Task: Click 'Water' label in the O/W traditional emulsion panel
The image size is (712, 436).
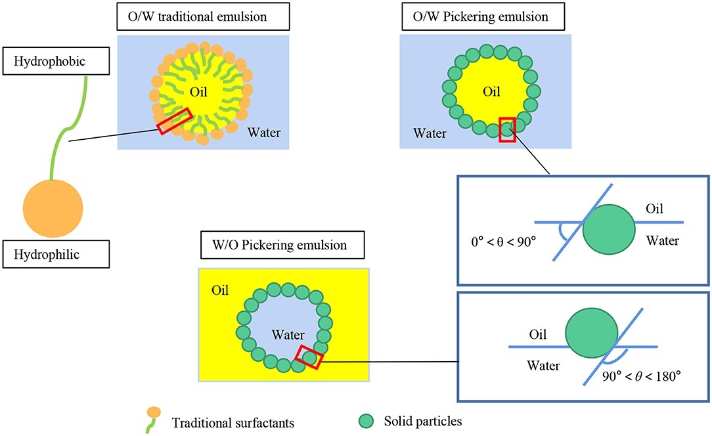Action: tap(263, 133)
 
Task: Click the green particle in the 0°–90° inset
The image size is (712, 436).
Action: tap(609, 230)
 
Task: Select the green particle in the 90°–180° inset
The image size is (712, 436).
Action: tap(590, 334)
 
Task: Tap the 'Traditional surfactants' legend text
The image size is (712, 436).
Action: tap(227, 422)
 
